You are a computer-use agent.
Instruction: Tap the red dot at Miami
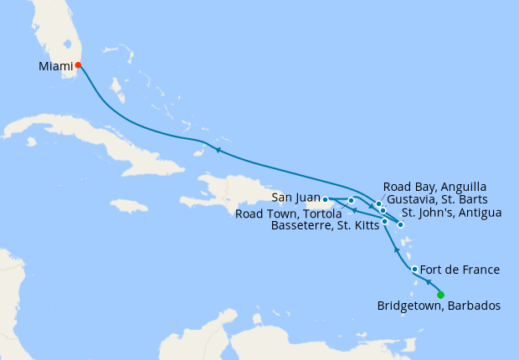[x=78, y=64]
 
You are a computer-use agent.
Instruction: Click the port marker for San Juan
[x=325, y=200]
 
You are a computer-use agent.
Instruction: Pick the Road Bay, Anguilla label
[x=434, y=186]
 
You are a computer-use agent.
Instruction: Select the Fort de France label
[x=460, y=270]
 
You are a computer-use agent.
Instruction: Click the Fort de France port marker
[x=414, y=269]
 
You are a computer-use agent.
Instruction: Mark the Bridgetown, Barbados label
[x=439, y=306]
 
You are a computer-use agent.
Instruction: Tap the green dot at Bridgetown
[x=440, y=293]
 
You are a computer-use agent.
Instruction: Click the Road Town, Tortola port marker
[x=352, y=201]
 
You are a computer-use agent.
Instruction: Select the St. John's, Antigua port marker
[x=401, y=224]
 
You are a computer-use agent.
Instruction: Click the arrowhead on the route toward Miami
[x=217, y=150]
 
